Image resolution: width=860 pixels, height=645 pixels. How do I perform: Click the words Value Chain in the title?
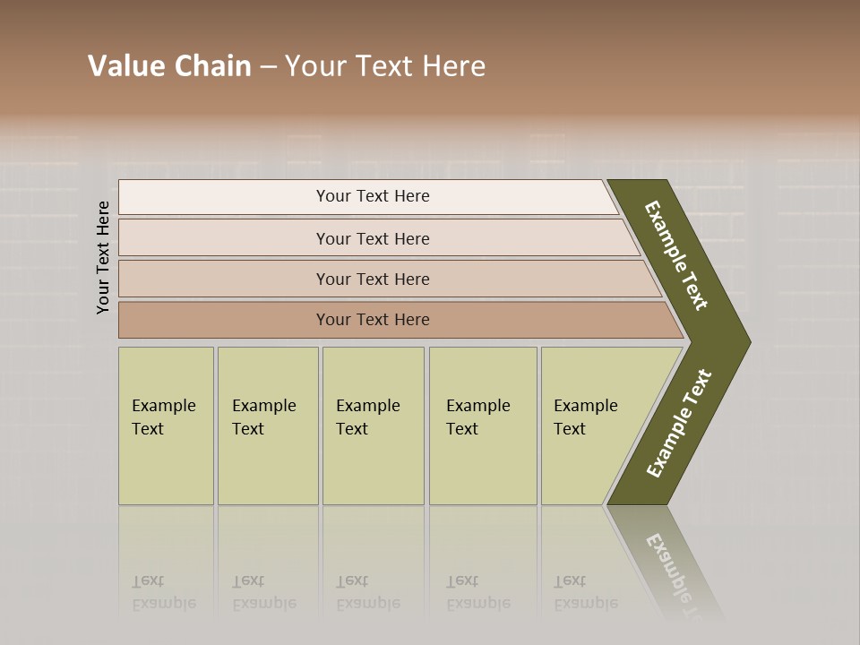coord(169,66)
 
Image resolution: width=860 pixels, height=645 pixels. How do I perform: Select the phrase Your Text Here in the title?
coord(385,66)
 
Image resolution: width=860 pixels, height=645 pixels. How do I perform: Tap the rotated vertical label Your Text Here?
coord(103,257)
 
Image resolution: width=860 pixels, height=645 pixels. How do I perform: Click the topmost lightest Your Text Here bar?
coord(373,196)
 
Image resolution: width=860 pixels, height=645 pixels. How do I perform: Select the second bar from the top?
coord(373,238)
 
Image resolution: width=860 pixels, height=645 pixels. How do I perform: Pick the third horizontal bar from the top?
coord(373,279)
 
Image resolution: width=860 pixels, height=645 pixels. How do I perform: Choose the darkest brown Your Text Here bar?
coord(373,320)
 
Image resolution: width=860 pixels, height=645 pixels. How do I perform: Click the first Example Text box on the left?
coord(166,426)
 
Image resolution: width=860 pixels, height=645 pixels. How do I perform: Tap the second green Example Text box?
coord(267,426)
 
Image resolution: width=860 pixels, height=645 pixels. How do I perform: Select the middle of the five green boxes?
coord(373,426)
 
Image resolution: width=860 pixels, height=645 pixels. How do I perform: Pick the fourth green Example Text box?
coord(482,426)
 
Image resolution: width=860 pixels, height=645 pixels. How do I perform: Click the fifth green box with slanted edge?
coord(591,426)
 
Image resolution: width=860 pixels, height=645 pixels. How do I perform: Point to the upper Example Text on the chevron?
coord(677,255)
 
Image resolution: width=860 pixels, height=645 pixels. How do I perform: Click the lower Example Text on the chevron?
coord(679,423)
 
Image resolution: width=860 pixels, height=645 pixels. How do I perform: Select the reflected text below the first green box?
coord(164,593)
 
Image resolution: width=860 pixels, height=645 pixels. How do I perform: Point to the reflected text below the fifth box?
coord(586,593)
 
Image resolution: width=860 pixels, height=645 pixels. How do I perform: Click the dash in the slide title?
coord(268,66)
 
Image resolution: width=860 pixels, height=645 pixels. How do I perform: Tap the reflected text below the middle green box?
coord(368,593)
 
